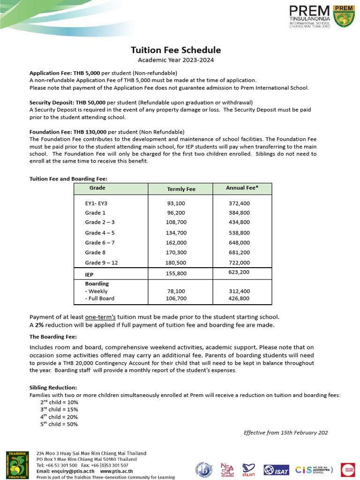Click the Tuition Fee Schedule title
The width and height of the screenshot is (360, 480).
[x=175, y=50]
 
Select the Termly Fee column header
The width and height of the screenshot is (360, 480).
[x=181, y=189]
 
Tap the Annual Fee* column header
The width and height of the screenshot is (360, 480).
[x=242, y=187]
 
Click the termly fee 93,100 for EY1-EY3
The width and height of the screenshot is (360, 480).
[x=176, y=203]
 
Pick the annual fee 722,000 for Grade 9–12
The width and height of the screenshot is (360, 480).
[x=239, y=262]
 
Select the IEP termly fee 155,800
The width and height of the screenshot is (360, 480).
[x=176, y=273]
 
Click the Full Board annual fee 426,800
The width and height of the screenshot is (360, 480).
[x=239, y=298]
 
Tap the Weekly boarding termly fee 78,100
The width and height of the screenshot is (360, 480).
[x=176, y=291]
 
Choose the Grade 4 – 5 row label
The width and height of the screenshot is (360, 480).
[x=99, y=233]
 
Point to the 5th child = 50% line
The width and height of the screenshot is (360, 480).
[x=59, y=424]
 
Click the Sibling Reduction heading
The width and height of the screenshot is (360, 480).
[x=53, y=388]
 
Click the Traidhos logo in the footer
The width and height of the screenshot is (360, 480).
[x=16, y=465]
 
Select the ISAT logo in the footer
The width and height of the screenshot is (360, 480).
[x=276, y=469]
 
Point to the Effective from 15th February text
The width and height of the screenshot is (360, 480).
[x=285, y=433]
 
